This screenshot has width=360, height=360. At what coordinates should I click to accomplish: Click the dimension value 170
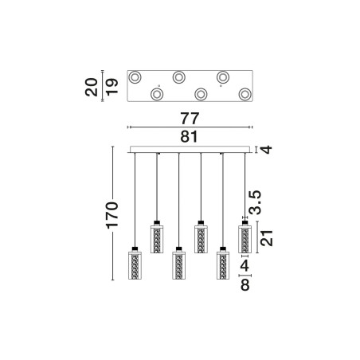[112, 215]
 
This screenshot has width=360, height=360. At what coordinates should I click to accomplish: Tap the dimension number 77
[190, 119]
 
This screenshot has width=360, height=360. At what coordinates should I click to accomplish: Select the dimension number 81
[189, 137]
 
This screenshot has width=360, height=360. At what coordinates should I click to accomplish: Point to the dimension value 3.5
[255, 202]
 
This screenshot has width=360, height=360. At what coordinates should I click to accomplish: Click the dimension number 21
[267, 238]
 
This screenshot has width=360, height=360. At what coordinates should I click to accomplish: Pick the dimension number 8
[245, 285]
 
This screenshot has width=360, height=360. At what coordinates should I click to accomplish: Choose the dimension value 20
[92, 87]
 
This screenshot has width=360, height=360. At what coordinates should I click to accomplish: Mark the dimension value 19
[112, 87]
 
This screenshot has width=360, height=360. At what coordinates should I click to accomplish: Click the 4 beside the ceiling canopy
[267, 150]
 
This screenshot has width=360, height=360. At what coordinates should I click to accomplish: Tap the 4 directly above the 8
[245, 265]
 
